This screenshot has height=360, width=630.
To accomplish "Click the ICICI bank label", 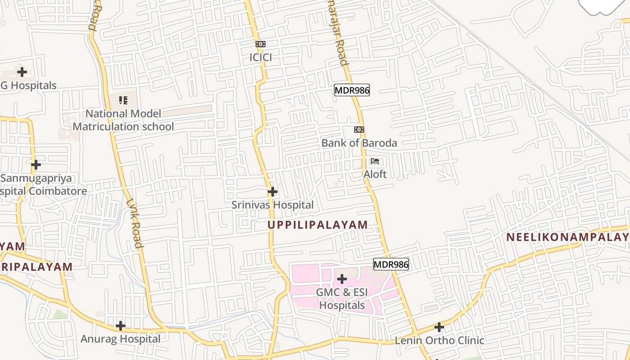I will click(261, 58).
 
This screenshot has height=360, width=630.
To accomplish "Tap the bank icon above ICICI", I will click(261, 44).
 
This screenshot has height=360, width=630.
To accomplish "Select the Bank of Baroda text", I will click(359, 143).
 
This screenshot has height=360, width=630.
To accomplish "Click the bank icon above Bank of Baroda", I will click(359, 130).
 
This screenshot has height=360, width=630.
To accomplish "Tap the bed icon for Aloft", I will click(375, 161).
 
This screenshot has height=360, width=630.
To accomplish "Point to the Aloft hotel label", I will click(375, 174).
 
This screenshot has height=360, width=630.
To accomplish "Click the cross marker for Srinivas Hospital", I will click(272, 192).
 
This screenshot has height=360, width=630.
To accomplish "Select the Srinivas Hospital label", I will click(272, 205).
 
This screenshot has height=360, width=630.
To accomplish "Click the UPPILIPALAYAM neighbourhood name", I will click(318, 225).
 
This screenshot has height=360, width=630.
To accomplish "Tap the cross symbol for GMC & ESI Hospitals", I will click(342, 279).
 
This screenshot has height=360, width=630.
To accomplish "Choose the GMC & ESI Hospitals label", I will click(342, 299).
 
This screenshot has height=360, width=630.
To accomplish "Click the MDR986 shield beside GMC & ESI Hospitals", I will click(391, 264).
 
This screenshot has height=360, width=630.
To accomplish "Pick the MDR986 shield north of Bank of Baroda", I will click(351, 90).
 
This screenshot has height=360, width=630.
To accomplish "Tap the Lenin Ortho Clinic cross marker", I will click(439, 327).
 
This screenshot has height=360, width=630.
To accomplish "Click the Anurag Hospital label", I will click(120, 339).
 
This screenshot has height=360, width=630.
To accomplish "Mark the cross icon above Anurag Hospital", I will click(120, 325).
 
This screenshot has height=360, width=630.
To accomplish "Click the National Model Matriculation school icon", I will click(123, 100).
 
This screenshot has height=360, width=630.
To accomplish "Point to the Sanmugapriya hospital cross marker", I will click(36, 165).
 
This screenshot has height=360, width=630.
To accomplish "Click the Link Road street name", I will click(135, 224).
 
